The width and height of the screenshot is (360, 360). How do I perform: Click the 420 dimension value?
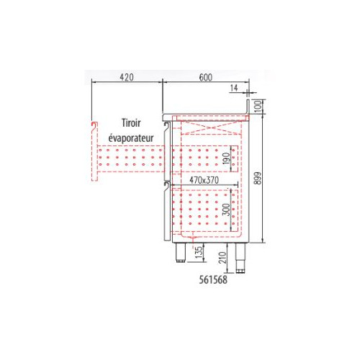[127, 77]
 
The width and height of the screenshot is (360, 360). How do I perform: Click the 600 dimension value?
[206, 77]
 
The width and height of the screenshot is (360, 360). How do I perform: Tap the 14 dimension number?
[234, 88]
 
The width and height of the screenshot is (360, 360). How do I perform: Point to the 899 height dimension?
[257, 178]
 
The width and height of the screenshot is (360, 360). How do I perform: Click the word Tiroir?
[131, 123]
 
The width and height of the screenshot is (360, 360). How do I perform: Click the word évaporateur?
[131, 138]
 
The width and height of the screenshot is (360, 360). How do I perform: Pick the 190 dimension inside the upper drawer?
[226, 158]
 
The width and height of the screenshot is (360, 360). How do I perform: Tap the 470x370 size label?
[204, 180]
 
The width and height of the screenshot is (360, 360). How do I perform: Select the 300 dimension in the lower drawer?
[226, 210]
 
